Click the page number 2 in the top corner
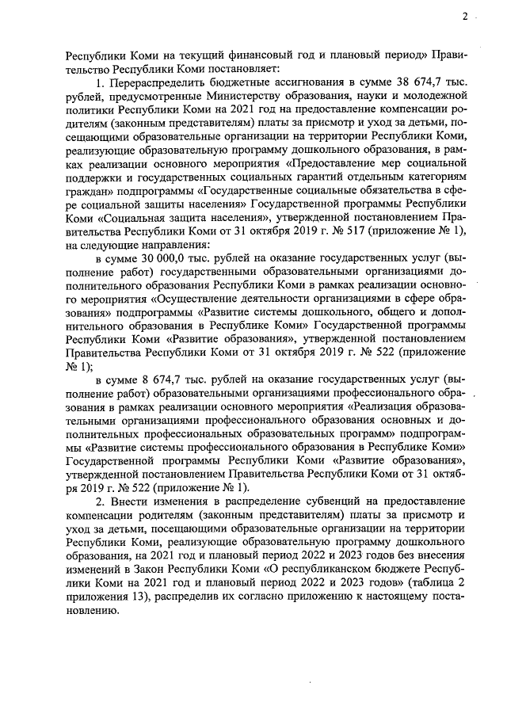(x=466, y=16)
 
